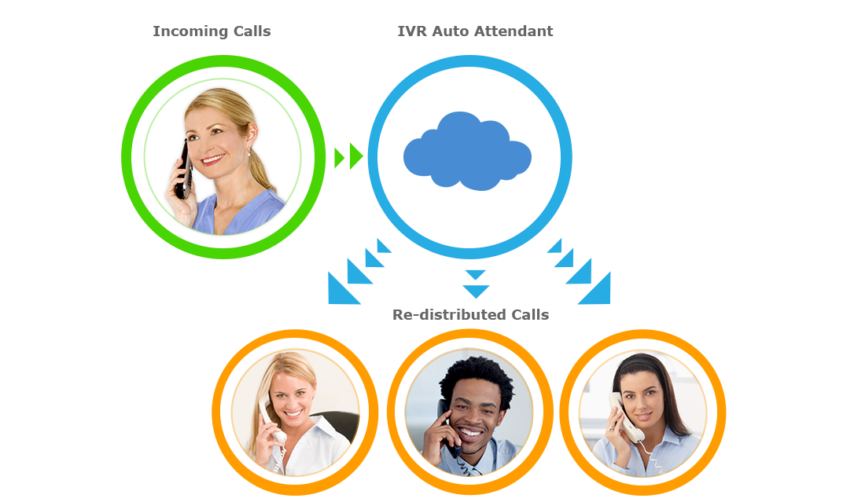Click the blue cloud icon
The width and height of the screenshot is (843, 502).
tap(467, 152)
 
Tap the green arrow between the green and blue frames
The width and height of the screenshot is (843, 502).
tap(348, 156)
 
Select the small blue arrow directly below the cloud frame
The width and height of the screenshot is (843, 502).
tap(475, 284)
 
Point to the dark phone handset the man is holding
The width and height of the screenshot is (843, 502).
tap(447, 428)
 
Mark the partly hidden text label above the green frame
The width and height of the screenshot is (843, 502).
tap(212, 31)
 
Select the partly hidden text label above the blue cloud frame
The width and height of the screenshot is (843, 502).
tap(475, 31)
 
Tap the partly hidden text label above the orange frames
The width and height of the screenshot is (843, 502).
tap(470, 315)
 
